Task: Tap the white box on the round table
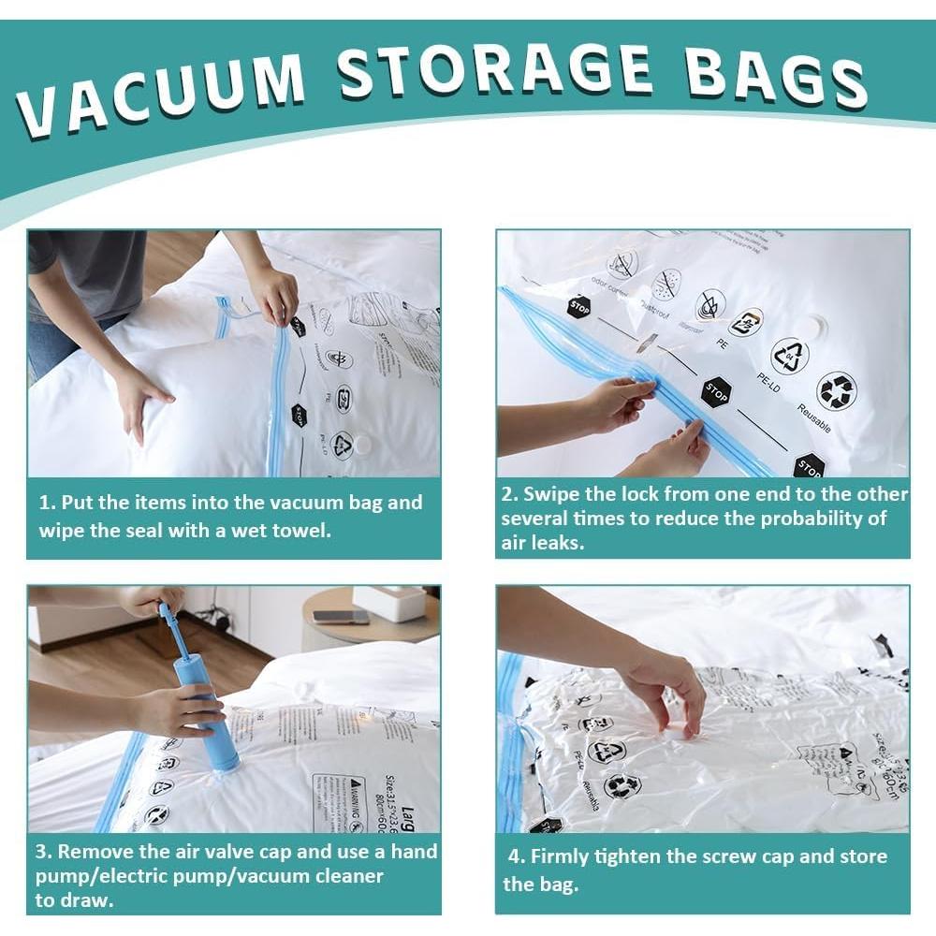pos(389,604)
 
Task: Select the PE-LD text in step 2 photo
pos(773,387)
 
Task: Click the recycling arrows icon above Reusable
pos(836,390)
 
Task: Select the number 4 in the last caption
pos(514,856)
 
